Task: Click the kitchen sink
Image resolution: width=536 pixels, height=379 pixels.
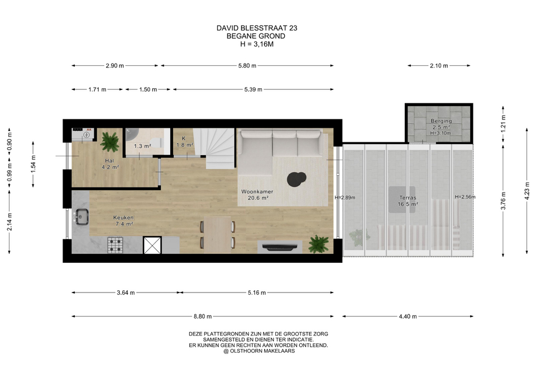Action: pos(82,217)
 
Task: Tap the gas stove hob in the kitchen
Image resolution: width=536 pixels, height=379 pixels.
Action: pos(115,245)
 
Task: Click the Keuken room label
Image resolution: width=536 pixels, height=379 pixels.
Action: pos(123,221)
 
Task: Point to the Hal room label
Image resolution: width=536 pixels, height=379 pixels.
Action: pos(110,164)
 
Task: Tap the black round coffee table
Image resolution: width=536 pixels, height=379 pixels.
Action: pos(296,179)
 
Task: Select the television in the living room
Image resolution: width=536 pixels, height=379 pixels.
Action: pos(280,247)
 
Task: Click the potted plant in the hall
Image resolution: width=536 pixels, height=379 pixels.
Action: pos(110,141)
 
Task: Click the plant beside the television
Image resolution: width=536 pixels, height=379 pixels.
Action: pos(318,244)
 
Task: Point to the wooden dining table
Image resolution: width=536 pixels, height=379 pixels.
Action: pos(217,234)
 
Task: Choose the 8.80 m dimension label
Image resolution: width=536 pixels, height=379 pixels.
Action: pos(203,316)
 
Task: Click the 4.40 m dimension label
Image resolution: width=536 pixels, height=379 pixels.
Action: pos(408,316)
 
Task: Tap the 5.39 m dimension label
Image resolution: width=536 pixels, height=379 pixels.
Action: pos(253,89)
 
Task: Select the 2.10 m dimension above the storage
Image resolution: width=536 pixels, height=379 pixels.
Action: pos(439,66)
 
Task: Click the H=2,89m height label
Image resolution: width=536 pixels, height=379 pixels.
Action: pos(345,198)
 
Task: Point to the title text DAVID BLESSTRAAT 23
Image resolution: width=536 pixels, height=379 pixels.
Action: pos(257,28)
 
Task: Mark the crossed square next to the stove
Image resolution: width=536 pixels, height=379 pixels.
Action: pos(152,246)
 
